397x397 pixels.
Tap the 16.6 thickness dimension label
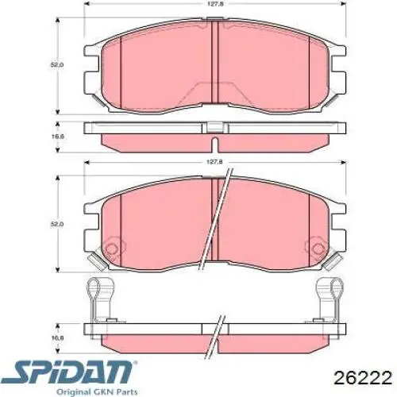55,136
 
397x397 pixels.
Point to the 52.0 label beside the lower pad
55,224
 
